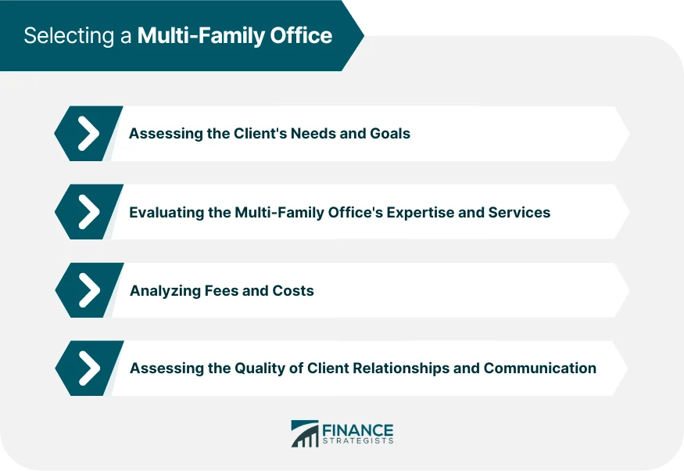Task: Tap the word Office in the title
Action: click(x=301, y=36)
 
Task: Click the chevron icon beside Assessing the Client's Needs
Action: click(x=88, y=134)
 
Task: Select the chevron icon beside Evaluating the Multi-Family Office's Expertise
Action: click(x=88, y=212)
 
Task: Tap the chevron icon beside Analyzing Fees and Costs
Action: click(x=88, y=290)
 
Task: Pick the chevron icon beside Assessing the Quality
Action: click(x=88, y=368)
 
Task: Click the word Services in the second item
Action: click(x=521, y=212)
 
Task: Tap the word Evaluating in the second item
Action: click(x=167, y=212)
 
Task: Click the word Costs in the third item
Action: click(x=292, y=290)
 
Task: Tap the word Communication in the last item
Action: click(x=540, y=368)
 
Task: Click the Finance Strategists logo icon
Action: click(x=305, y=433)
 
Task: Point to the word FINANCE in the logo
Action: click(x=358, y=429)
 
